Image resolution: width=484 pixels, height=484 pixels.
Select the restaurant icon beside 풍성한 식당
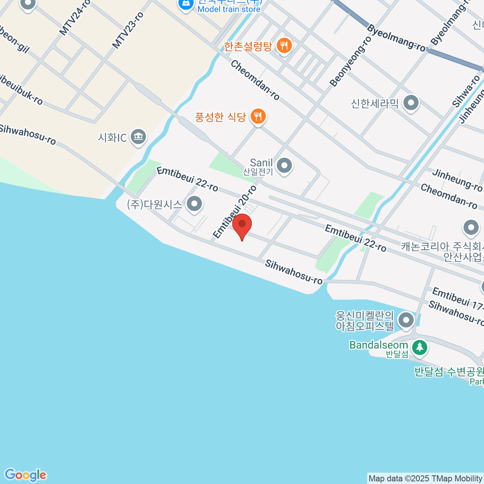click(x=258, y=117)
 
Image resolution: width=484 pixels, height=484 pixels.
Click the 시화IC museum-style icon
click(x=138, y=137)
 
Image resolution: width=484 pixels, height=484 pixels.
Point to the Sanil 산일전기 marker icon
click(x=285, y=166)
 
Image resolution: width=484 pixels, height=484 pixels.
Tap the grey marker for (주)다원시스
click(x=195, y=204)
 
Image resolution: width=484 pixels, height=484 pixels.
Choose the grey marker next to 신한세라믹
click(x=411, y=103)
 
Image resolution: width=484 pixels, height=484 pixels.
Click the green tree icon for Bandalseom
click(x=419, y=347)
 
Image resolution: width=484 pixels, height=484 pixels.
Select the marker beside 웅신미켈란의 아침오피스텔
click(x=406, y=321)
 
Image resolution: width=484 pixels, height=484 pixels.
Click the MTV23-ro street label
click(x=127, y=31)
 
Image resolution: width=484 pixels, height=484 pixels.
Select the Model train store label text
click(x=229, y=9)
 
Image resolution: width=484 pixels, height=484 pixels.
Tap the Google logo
click(x=25, y=475)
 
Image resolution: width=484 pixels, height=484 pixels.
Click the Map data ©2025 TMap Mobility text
click(x=425, y=479)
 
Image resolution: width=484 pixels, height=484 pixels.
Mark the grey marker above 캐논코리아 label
click(x=471, y=228)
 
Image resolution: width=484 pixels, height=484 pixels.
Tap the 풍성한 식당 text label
click(x=220, y=117)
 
